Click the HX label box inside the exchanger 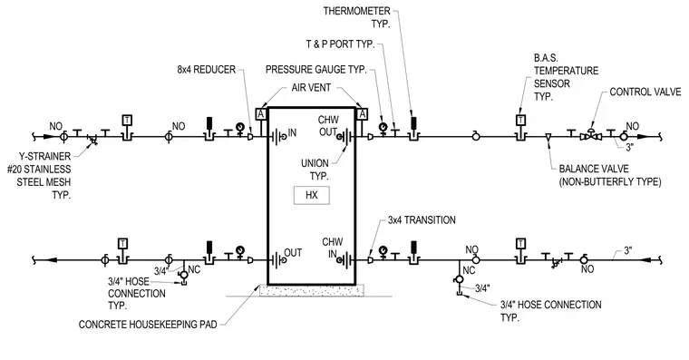point(312,195)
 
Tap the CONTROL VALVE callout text point(645,92)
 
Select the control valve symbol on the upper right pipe point(590,135)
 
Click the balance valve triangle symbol point(548,137)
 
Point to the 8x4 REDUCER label point(207,70)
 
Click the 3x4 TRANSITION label point(422,219)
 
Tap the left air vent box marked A point(261,114)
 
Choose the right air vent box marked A point(362,114)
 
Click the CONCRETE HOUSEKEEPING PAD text point(148,325)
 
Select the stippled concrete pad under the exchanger point(312,290)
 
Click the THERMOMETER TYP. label point(357,17)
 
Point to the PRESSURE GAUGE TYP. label point(315,70)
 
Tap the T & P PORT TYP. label point(340,44)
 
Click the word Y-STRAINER point(44,156)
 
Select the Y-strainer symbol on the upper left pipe point(92,139)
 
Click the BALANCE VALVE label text point(594,169)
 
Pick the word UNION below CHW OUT point(315,163)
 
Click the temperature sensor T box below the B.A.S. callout point(520,120)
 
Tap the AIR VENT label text point(311,87)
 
